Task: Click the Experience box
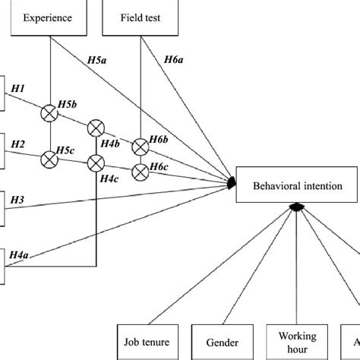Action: [49, 17]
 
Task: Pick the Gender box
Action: [222, 343]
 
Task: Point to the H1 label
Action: [18, 89]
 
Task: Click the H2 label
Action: [18, 144]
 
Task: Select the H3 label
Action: [18, 199]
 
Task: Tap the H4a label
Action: [21, 257]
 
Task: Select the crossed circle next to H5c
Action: [49, 159]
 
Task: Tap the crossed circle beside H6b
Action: [141, 146]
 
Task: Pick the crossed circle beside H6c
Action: [141, 170]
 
